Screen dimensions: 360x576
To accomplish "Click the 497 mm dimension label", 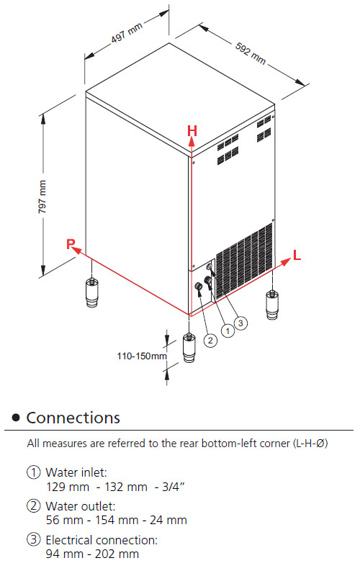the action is point(127,32).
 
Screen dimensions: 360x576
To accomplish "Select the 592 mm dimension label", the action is point(251,53).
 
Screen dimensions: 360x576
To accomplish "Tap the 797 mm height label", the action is point(42,197).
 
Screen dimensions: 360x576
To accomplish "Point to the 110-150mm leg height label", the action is point(142,356).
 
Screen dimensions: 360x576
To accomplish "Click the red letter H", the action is point(192,131).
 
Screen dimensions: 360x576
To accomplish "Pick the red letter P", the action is point(71,243).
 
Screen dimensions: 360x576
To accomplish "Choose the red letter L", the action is point(297,255).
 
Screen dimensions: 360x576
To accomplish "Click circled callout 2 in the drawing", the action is point(210,341).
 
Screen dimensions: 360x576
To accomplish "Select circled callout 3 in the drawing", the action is point(240,323).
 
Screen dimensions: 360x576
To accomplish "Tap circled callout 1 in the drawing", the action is point(228,331).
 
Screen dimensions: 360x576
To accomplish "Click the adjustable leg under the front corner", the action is point(189,348).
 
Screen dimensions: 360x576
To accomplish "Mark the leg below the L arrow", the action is point(272,305).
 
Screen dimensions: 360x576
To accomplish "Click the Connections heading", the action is point(73,418).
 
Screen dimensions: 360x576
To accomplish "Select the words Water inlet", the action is point(76,472).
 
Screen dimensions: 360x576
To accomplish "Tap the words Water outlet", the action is point(81,506).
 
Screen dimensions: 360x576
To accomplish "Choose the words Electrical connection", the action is point(102,540).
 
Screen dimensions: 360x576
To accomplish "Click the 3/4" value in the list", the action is point(173,487).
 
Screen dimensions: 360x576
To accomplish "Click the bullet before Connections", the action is point(16,418).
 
